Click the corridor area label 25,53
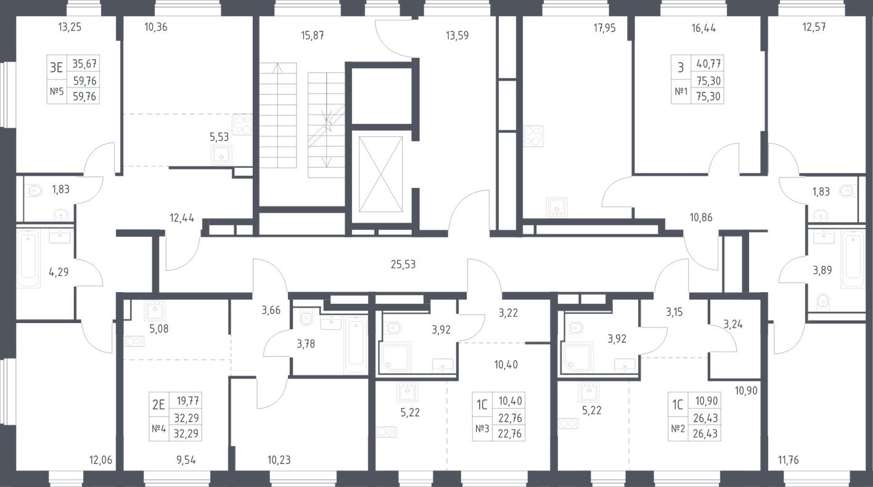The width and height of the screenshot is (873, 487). (x=403, y=265)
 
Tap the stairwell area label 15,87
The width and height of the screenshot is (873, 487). (x=312, y=36)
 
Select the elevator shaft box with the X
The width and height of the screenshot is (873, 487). (x=380, y=174)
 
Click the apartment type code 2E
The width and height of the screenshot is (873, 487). (x=158, y=405)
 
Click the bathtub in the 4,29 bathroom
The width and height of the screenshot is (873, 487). (x=29, y=258)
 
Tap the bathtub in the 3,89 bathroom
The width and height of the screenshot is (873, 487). (x=853, y=258)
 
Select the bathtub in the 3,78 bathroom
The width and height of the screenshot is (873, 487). (x=356, y=343)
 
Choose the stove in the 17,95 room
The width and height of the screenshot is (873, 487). (x=533, y=136)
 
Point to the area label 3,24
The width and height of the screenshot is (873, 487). (x=733, y=324)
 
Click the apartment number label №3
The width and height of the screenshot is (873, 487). (x=482, y=428)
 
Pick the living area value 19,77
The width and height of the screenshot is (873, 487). (x=189, y=400)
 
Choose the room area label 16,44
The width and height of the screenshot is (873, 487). (x=703, y=28)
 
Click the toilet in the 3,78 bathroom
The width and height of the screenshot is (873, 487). (x=306, y=317)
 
